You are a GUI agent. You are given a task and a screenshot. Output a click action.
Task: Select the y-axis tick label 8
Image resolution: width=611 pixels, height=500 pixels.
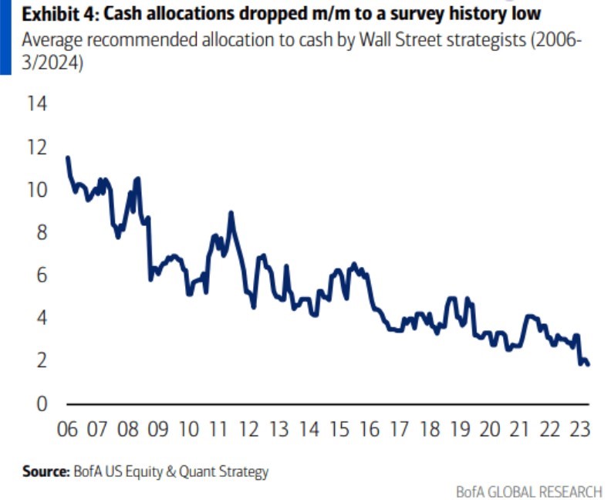(41, 232)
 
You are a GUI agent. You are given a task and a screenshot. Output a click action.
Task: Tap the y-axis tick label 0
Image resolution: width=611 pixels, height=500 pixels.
(41, 404)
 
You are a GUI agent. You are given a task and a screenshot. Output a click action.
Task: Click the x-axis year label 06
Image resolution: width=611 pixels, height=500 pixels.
(68, 429)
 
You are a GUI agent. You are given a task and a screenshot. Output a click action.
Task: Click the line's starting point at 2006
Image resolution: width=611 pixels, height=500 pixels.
(68, 157)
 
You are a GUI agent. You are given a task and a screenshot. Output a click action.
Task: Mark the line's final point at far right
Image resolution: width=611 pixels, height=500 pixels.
(589, 364)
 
